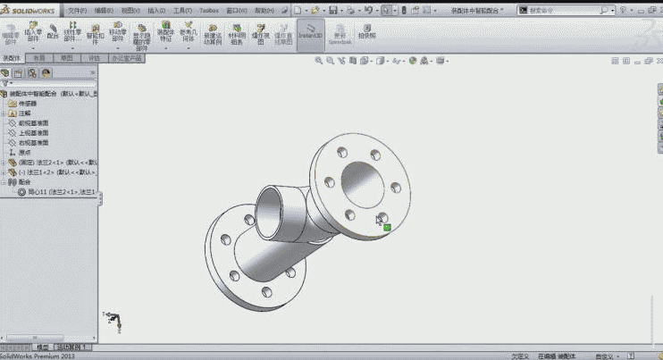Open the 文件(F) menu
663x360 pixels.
click(x=78, y=10)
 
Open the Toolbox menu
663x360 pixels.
click(x=208, y=10)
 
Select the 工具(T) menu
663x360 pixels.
click(x=182, y=10)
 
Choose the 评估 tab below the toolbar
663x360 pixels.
click(x=94, y=56)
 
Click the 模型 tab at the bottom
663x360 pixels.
click(x=41, y=347)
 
